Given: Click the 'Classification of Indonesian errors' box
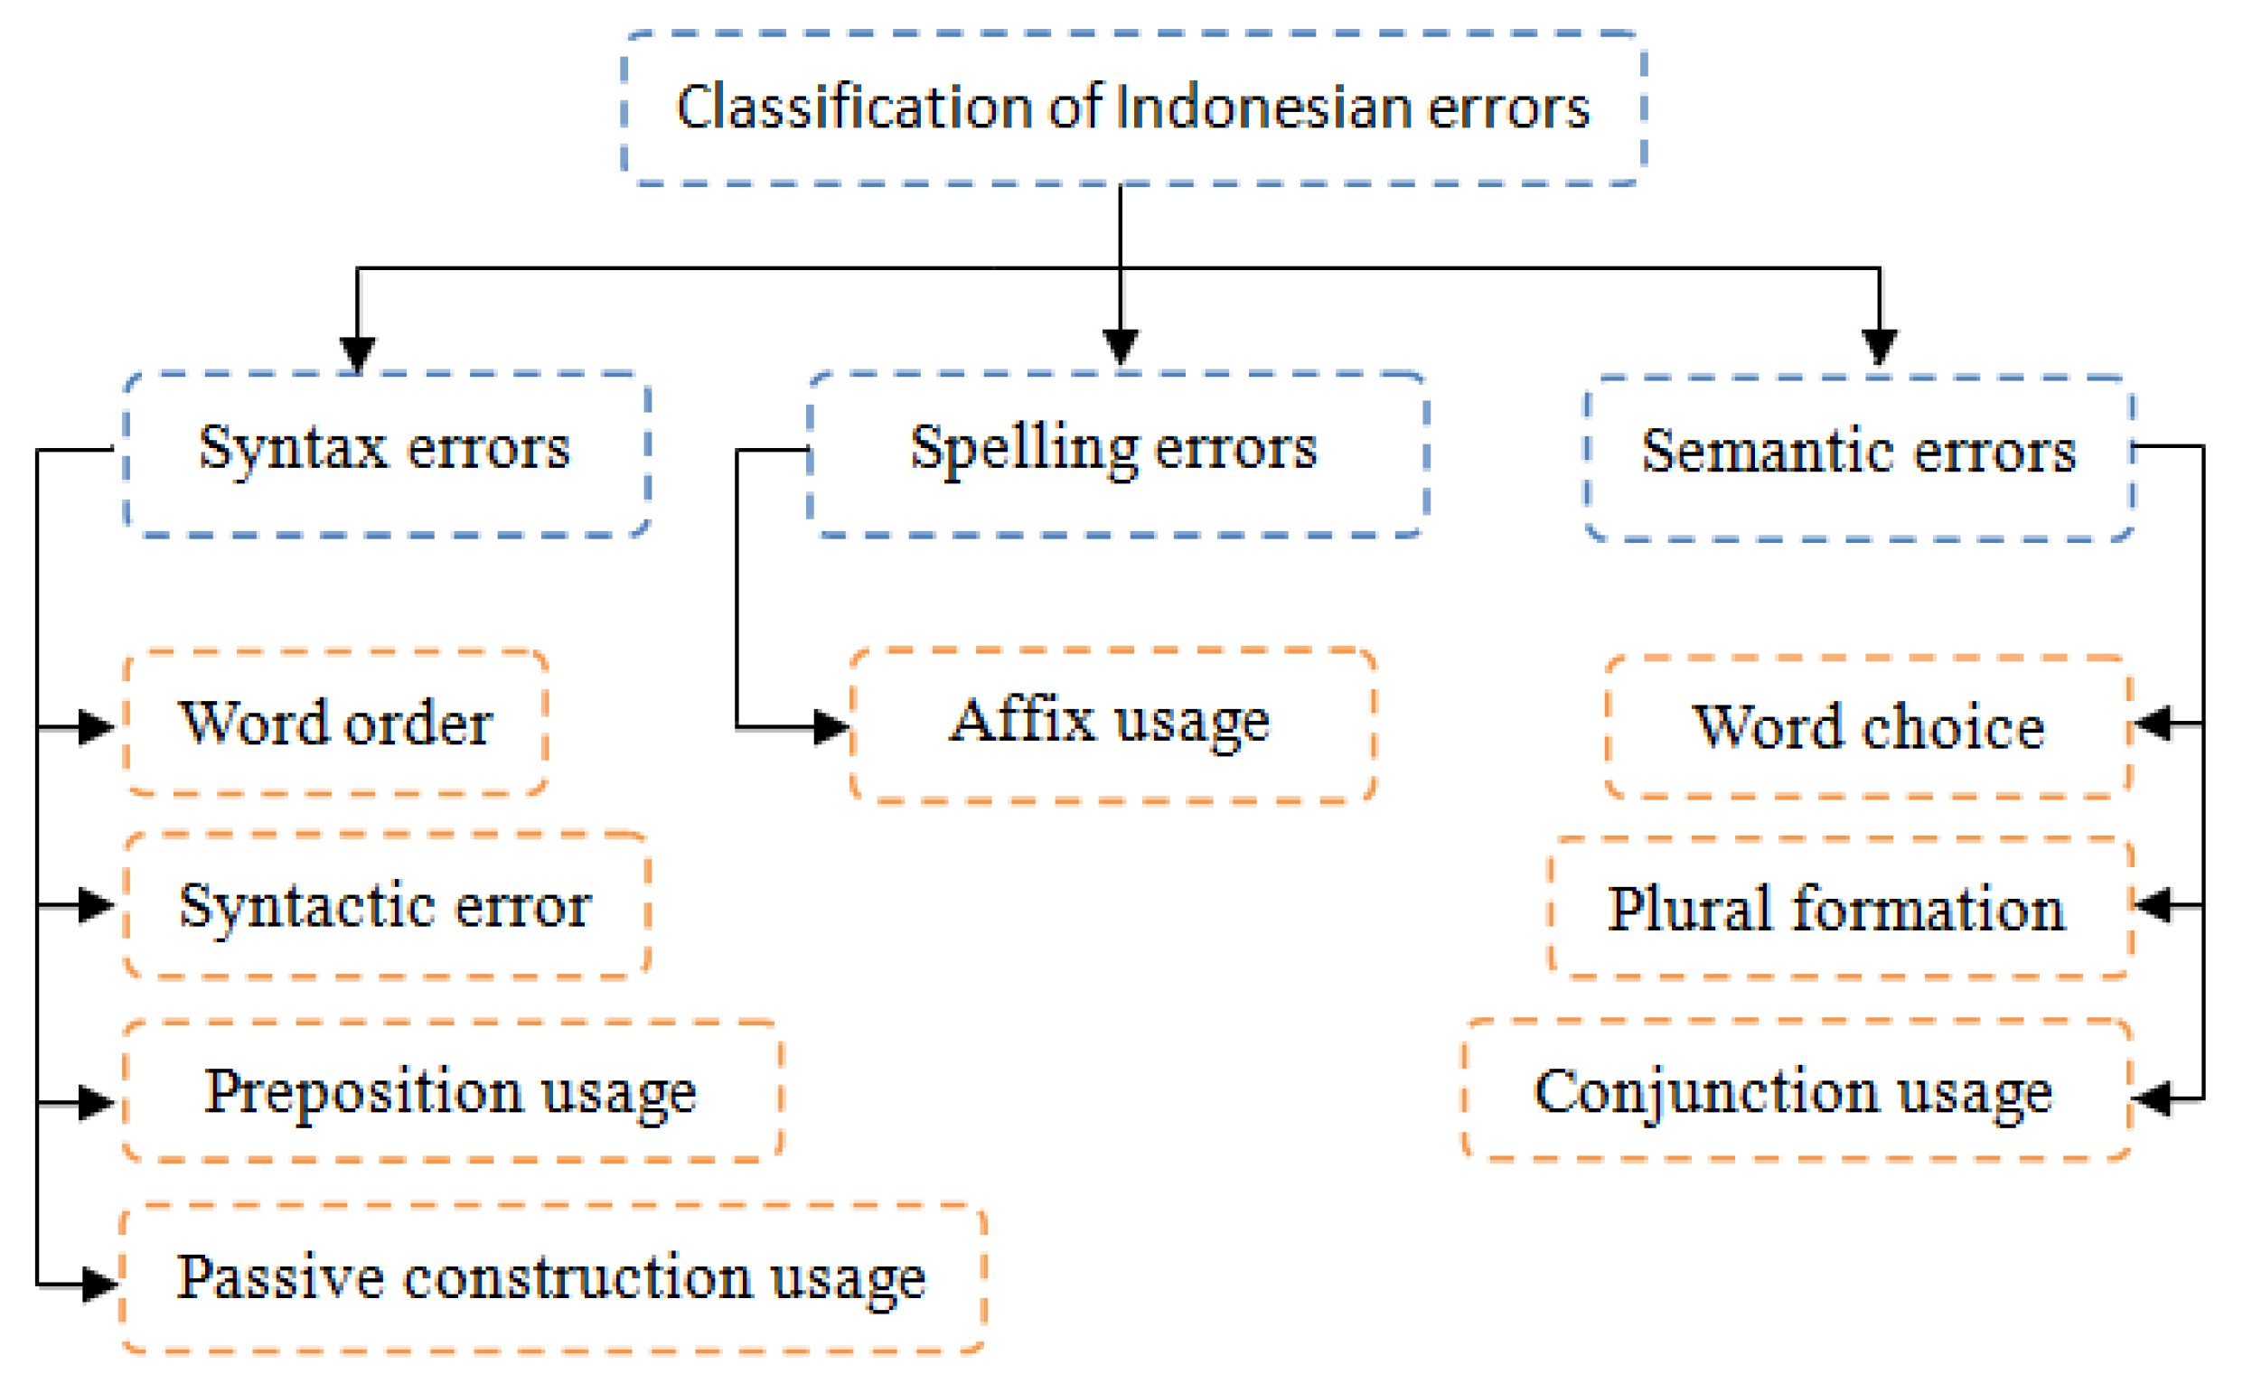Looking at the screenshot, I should (1132, 107).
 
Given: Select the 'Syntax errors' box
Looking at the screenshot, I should (386, 453).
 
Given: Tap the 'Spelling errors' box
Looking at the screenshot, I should (1117, 453).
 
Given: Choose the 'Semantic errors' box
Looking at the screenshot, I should (1859, 457).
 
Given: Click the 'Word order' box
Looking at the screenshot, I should (335, 723).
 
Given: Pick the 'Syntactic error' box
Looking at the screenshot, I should (386, 905).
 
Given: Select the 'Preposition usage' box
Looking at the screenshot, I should (451, 1091).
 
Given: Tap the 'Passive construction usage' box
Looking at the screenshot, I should (551, 1277).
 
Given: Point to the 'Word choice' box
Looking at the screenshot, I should (1867, 727).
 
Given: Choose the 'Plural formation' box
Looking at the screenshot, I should (1839, 908).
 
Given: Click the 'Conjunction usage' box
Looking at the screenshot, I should (1795, 1090).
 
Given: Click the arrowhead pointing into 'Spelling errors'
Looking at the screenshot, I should (1120, 346).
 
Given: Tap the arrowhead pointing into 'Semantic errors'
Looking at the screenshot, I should (1879, 346).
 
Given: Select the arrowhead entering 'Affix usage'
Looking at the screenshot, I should (831, 728).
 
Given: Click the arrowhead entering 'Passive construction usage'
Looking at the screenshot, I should (99, 1285).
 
